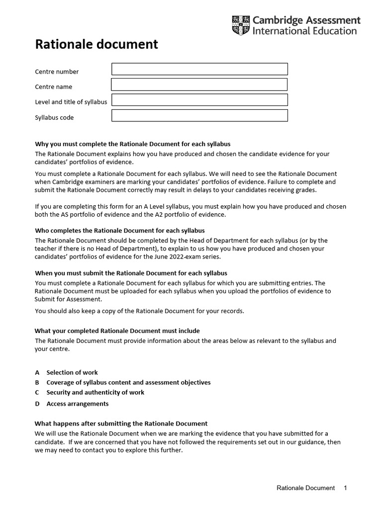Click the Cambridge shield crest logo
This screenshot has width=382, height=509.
coord(241,25)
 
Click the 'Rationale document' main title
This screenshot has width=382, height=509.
coord(96,44)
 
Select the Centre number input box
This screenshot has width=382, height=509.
coord(199,69)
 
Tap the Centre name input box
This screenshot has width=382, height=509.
coord(199,85)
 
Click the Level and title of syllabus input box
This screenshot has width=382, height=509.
coord(199,100)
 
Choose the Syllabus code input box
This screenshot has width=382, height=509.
coord(199,116)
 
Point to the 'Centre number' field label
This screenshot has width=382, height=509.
coord(57,72)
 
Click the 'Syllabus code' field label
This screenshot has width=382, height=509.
coord(54,118)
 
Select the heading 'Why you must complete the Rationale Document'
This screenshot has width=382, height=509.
coord(132,144)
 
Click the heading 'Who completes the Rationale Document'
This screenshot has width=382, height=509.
coord(119,231)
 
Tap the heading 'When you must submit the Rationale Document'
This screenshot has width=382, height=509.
coord(131,273)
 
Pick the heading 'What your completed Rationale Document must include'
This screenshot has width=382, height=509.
coord(117,331)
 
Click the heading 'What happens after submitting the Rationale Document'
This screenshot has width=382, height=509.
coord(121,424)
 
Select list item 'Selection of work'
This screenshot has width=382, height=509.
coord(72,372)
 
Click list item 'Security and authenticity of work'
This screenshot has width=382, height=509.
coord(95,392)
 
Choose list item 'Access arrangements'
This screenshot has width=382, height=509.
coord(77,404)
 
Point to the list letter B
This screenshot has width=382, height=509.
coord(37,382)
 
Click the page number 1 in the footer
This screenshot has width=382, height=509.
coord(345,488)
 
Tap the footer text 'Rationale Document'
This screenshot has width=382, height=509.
coord(305,488)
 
